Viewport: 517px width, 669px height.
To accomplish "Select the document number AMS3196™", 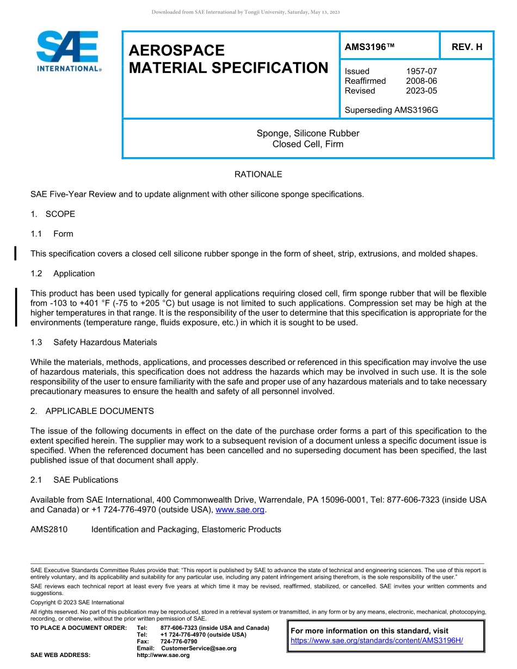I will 370,47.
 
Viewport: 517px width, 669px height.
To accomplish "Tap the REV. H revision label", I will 467,47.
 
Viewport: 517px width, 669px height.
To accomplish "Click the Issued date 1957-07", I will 421,71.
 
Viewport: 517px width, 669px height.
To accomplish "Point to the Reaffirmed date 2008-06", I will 421,81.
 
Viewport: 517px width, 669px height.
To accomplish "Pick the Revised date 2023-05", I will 421,91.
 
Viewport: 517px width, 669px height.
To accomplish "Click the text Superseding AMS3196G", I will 391,110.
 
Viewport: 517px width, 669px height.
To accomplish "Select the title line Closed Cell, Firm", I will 308,144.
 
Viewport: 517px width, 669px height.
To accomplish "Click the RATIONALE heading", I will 258,175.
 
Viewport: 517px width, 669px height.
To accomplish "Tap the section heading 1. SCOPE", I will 53,214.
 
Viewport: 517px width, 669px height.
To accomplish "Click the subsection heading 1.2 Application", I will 63,274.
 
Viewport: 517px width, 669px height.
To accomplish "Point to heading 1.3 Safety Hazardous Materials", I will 94,342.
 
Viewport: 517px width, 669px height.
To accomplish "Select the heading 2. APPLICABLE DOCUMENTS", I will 92,411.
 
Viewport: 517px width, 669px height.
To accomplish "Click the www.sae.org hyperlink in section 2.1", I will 240,510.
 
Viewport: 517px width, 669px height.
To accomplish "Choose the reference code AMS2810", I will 49,529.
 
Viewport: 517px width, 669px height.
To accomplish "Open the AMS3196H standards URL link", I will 377,641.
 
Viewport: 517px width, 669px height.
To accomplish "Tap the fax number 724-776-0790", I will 179,641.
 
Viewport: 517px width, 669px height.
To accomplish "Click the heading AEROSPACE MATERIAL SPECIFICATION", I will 228,59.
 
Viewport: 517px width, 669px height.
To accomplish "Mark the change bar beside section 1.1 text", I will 16,253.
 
